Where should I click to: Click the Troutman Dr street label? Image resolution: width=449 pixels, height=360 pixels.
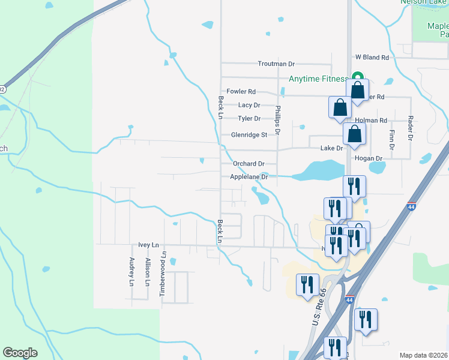click(276, 64)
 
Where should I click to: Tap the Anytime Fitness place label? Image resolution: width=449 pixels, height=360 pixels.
click(318, 79)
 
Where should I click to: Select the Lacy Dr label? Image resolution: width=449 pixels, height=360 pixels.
click(249, 105)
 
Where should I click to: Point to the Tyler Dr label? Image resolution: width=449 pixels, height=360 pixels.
click(249, 119)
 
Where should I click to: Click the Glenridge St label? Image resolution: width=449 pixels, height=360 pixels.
click(249, 135)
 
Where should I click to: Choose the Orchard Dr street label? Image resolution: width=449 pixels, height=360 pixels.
click(249, 163)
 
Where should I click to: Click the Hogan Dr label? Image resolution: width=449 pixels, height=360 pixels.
click(369, 158)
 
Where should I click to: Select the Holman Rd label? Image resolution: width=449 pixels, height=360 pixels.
click(375, 121)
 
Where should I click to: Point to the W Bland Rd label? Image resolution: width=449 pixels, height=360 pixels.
click(372, 58)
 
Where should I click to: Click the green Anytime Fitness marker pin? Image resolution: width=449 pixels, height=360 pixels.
click(357, 77)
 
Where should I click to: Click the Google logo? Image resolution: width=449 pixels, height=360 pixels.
click(20, 352)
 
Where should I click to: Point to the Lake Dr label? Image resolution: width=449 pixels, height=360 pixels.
click(331, 148)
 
